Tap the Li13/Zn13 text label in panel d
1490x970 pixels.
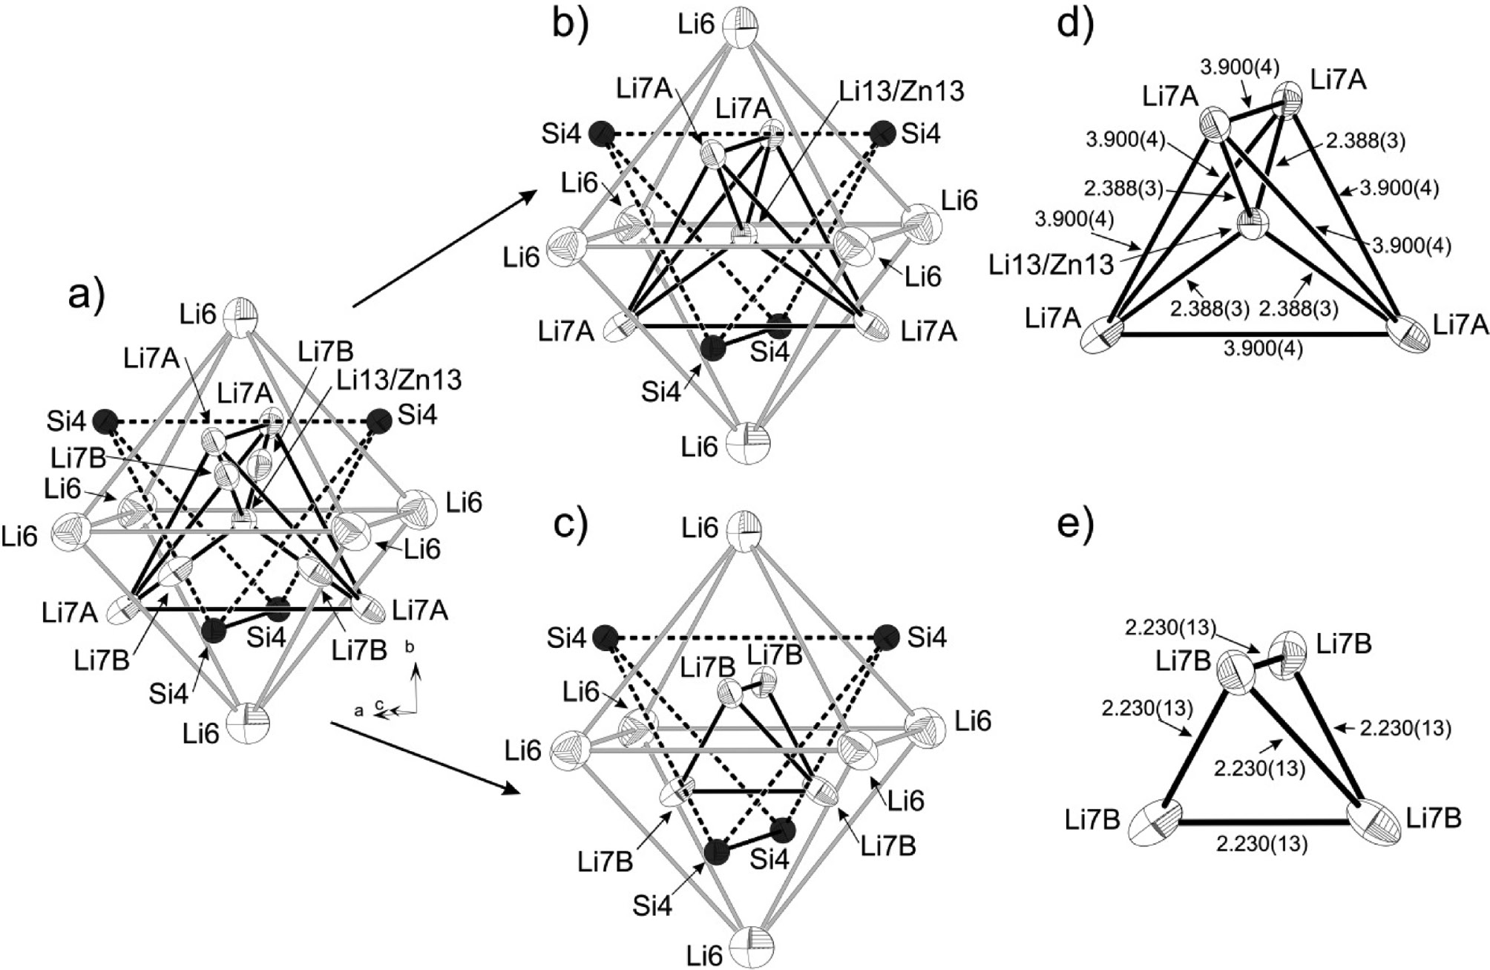(x=1051, y=264)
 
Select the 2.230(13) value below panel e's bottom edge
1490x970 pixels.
(x=1262, y=844)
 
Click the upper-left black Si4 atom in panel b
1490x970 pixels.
(x=602, y=134)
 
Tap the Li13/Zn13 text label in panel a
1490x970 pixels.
(x=399, y=380)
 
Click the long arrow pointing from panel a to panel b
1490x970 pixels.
(x=445, y=248)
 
